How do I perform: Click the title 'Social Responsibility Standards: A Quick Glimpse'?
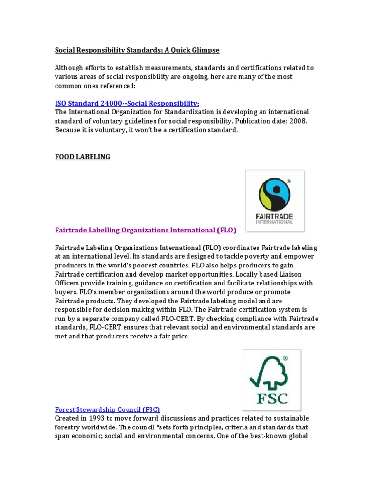click(x=137, y=50)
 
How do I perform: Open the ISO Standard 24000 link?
click(x=127, y=103)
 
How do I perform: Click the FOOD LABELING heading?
click(x=82, y=157)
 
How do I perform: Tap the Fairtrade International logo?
click(x=275, y=200)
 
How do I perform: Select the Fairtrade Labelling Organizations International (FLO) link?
click(x=146, y=230)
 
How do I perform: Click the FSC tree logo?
click(x=271, y=379)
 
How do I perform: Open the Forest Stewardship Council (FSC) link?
click(x=108, y=409)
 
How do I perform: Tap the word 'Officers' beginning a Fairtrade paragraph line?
click(x=68, y=283)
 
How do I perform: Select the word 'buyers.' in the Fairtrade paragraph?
click(x=67, y=292)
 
